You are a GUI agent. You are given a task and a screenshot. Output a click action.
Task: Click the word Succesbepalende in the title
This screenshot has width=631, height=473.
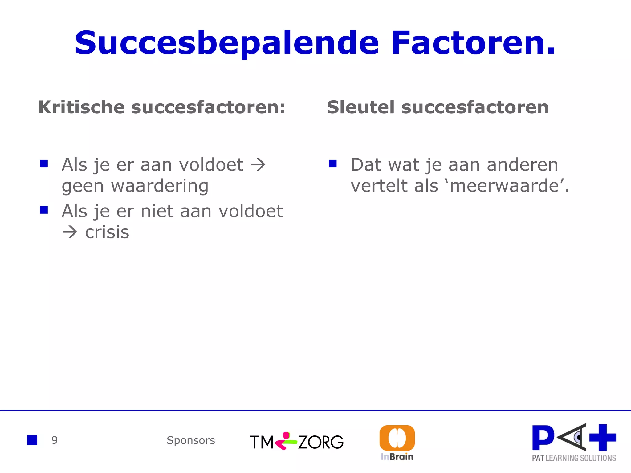tap(226, 43)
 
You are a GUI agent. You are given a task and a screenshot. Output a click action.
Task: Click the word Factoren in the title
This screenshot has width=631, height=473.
tap(473, 43)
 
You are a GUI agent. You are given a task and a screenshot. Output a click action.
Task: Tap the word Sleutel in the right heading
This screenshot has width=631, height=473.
tap(360, 107)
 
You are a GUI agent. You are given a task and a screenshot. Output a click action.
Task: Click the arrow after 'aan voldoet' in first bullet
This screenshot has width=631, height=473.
tap(258, 165)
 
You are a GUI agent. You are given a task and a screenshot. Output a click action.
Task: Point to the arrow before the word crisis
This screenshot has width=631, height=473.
tap(70, 232)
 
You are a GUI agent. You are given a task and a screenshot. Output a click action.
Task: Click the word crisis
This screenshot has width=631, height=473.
tap(107, 232)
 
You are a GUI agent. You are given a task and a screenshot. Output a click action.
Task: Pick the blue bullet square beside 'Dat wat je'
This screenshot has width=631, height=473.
tap(333, 163)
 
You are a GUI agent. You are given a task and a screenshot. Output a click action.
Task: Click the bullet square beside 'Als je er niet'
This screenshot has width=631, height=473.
tap(44, 210)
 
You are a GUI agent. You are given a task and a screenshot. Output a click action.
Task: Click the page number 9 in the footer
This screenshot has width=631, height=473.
tap(55, 440)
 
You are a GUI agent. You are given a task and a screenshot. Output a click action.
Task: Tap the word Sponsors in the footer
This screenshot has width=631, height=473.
tap(191, 440)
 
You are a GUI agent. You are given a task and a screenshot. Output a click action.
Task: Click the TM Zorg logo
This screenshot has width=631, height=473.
tap(296, 442)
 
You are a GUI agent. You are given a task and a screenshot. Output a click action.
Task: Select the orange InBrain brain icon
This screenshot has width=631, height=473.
tap(397, 438)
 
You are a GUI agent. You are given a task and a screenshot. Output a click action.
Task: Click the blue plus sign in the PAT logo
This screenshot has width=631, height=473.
tap(603, 437)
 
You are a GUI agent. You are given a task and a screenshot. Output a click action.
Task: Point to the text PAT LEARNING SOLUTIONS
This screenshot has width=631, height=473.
tap(574, 458)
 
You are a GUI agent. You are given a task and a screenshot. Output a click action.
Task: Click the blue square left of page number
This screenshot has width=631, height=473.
tap(32, 440)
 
